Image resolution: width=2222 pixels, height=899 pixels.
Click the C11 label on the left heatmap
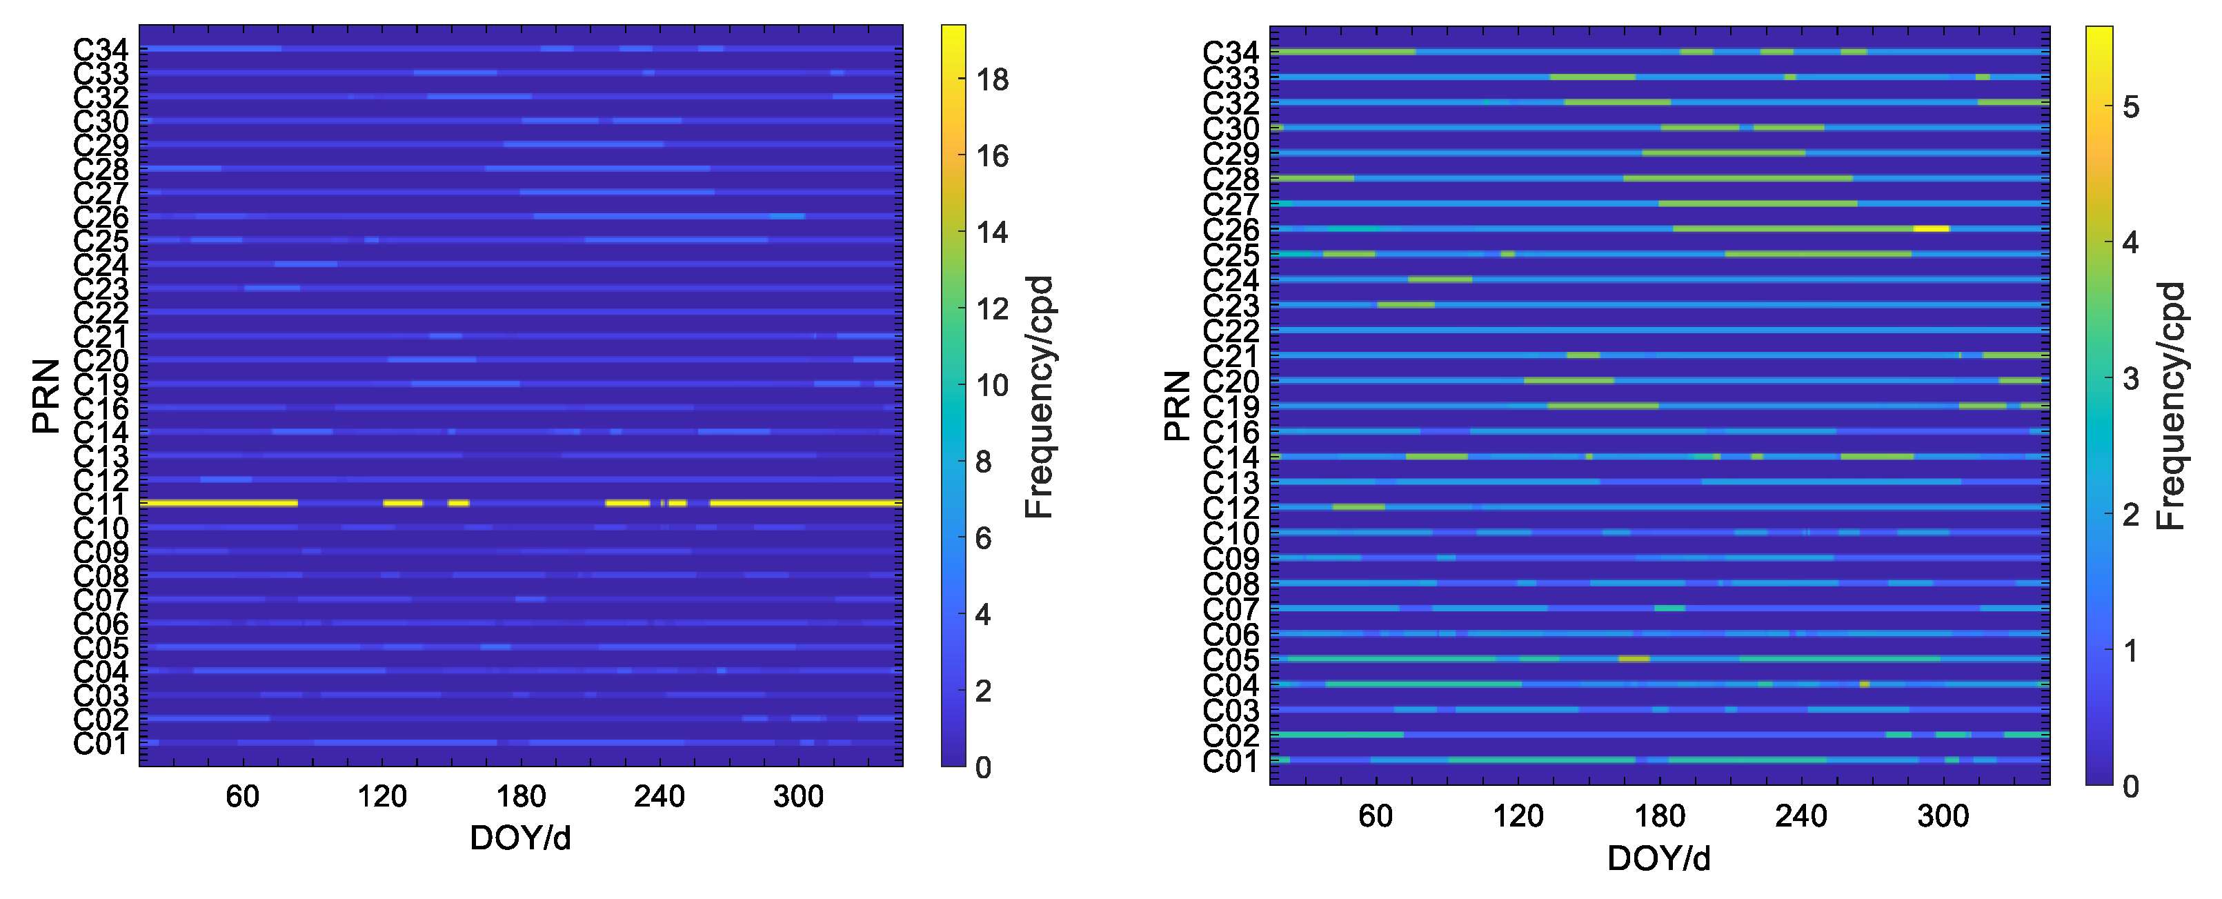(100, 504)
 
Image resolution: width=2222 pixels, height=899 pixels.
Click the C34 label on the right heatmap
(1230, 52)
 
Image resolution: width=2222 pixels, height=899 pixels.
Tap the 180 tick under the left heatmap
(520, 796)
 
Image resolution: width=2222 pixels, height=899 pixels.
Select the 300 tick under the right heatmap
(1943, 816)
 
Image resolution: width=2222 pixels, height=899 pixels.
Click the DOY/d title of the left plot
(520, 838)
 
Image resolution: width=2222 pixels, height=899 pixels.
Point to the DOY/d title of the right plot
(1658, 858)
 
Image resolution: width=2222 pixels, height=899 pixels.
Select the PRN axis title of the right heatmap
(1177, 406)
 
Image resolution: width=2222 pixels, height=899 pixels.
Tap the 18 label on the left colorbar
(992, 80)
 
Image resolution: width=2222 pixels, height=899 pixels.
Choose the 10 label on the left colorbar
(992, 386)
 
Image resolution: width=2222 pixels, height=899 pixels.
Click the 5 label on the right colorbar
(2130, 108)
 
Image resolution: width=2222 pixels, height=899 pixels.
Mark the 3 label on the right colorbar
(2130, 379)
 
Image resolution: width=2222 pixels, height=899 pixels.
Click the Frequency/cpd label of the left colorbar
(1040, 397)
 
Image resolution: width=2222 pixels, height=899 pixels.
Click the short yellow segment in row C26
(1930, 228)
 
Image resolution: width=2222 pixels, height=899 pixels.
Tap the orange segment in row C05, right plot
(1634, 659)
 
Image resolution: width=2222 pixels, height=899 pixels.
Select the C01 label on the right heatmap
(1230, 762)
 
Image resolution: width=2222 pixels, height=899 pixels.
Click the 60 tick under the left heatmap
(242, 796)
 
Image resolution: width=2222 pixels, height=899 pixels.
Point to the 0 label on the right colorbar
(2130, 787)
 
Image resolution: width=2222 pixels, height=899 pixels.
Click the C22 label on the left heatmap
(100, 313)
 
